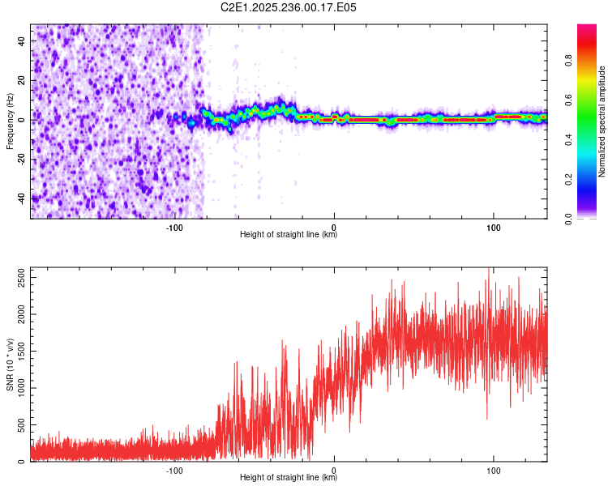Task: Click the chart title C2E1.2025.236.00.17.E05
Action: coord(289,7)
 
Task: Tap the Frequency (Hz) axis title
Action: coord(11,122)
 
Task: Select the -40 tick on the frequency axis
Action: coord(22,198)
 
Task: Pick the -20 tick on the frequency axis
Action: coord(22,159)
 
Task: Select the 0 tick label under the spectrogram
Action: coord(334,227)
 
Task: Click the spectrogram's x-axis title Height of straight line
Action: coord(289,235)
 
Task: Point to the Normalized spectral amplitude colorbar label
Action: coord(602,122)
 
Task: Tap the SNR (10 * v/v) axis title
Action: coord(11,364)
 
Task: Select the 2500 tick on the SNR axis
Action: coord(17,277)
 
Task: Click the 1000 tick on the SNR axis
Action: coord(17,388)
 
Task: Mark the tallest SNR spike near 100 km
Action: coord(488,270)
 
